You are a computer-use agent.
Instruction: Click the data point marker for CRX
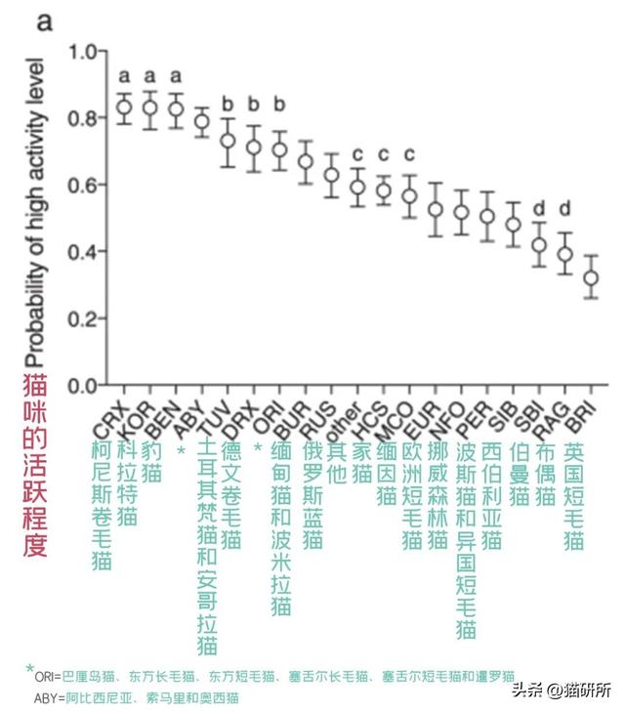tap(124, 107)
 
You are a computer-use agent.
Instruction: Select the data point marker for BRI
tap(589, 278)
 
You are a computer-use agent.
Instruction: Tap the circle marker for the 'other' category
tap(357, 187)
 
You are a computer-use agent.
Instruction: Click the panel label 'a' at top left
tap(44, 21)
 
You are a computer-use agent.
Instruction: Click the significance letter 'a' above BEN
tap(176, 76)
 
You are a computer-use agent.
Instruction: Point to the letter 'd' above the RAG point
tap(563, 208)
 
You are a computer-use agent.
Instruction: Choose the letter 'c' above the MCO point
tap(409, 154)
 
